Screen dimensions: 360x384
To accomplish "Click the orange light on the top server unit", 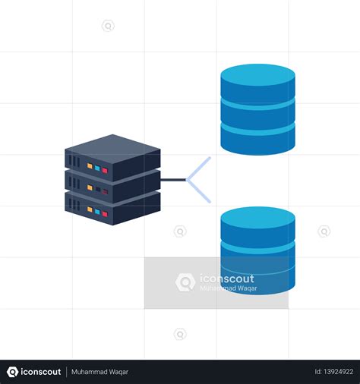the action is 90,166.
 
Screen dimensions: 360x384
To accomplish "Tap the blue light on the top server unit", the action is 97,168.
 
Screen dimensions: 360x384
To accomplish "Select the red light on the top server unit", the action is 105,170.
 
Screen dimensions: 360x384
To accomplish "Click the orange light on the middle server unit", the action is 90,187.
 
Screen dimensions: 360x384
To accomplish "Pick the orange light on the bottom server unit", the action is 90,209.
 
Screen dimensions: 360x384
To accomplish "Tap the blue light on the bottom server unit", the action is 97,212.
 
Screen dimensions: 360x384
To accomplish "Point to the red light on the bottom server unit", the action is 105,214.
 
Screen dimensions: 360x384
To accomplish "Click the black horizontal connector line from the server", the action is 173,180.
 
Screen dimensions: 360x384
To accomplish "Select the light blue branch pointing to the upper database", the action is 198,168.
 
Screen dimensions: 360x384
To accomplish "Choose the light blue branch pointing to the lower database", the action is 198,191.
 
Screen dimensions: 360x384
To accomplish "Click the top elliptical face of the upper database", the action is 257,75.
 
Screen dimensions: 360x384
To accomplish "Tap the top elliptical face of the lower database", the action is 257,218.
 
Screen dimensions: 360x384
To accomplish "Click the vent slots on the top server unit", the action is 74,161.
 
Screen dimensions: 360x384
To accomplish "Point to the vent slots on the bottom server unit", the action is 74,204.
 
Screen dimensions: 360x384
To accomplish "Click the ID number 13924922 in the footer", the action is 334,372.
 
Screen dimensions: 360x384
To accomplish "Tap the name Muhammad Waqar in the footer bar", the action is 99,372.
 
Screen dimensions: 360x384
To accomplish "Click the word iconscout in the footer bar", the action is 41,372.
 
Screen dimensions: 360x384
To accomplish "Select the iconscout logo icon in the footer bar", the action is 12,372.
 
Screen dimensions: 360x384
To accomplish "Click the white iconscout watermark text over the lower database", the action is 227,279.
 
